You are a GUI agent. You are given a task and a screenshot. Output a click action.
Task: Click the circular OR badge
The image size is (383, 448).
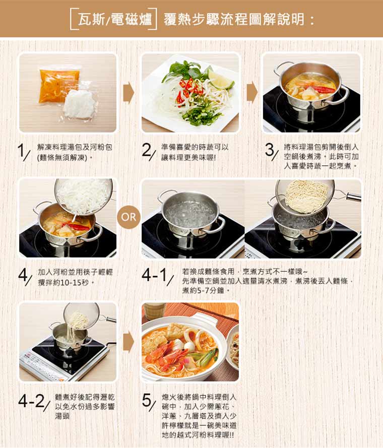point(129,217)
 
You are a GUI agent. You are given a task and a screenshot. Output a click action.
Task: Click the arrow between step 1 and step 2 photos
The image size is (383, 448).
point(129,92)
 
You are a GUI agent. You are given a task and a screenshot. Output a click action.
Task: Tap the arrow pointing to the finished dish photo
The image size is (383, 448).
point(129,342)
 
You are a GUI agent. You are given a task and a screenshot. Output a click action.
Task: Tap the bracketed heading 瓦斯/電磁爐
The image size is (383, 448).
point(113,20)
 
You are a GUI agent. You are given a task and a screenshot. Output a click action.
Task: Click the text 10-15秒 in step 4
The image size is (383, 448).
point(75,283)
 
